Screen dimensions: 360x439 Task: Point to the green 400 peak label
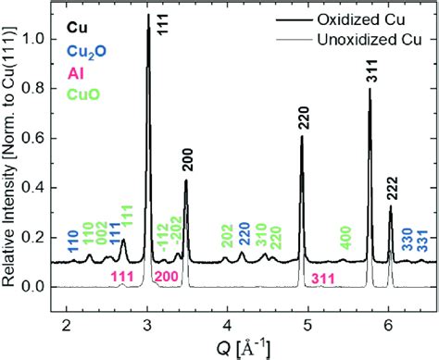click(345, 234)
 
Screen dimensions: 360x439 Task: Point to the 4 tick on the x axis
click(228, 322)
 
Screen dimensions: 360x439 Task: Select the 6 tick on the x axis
click(388, 322)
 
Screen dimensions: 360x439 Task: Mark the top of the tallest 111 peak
click(148, 15)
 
